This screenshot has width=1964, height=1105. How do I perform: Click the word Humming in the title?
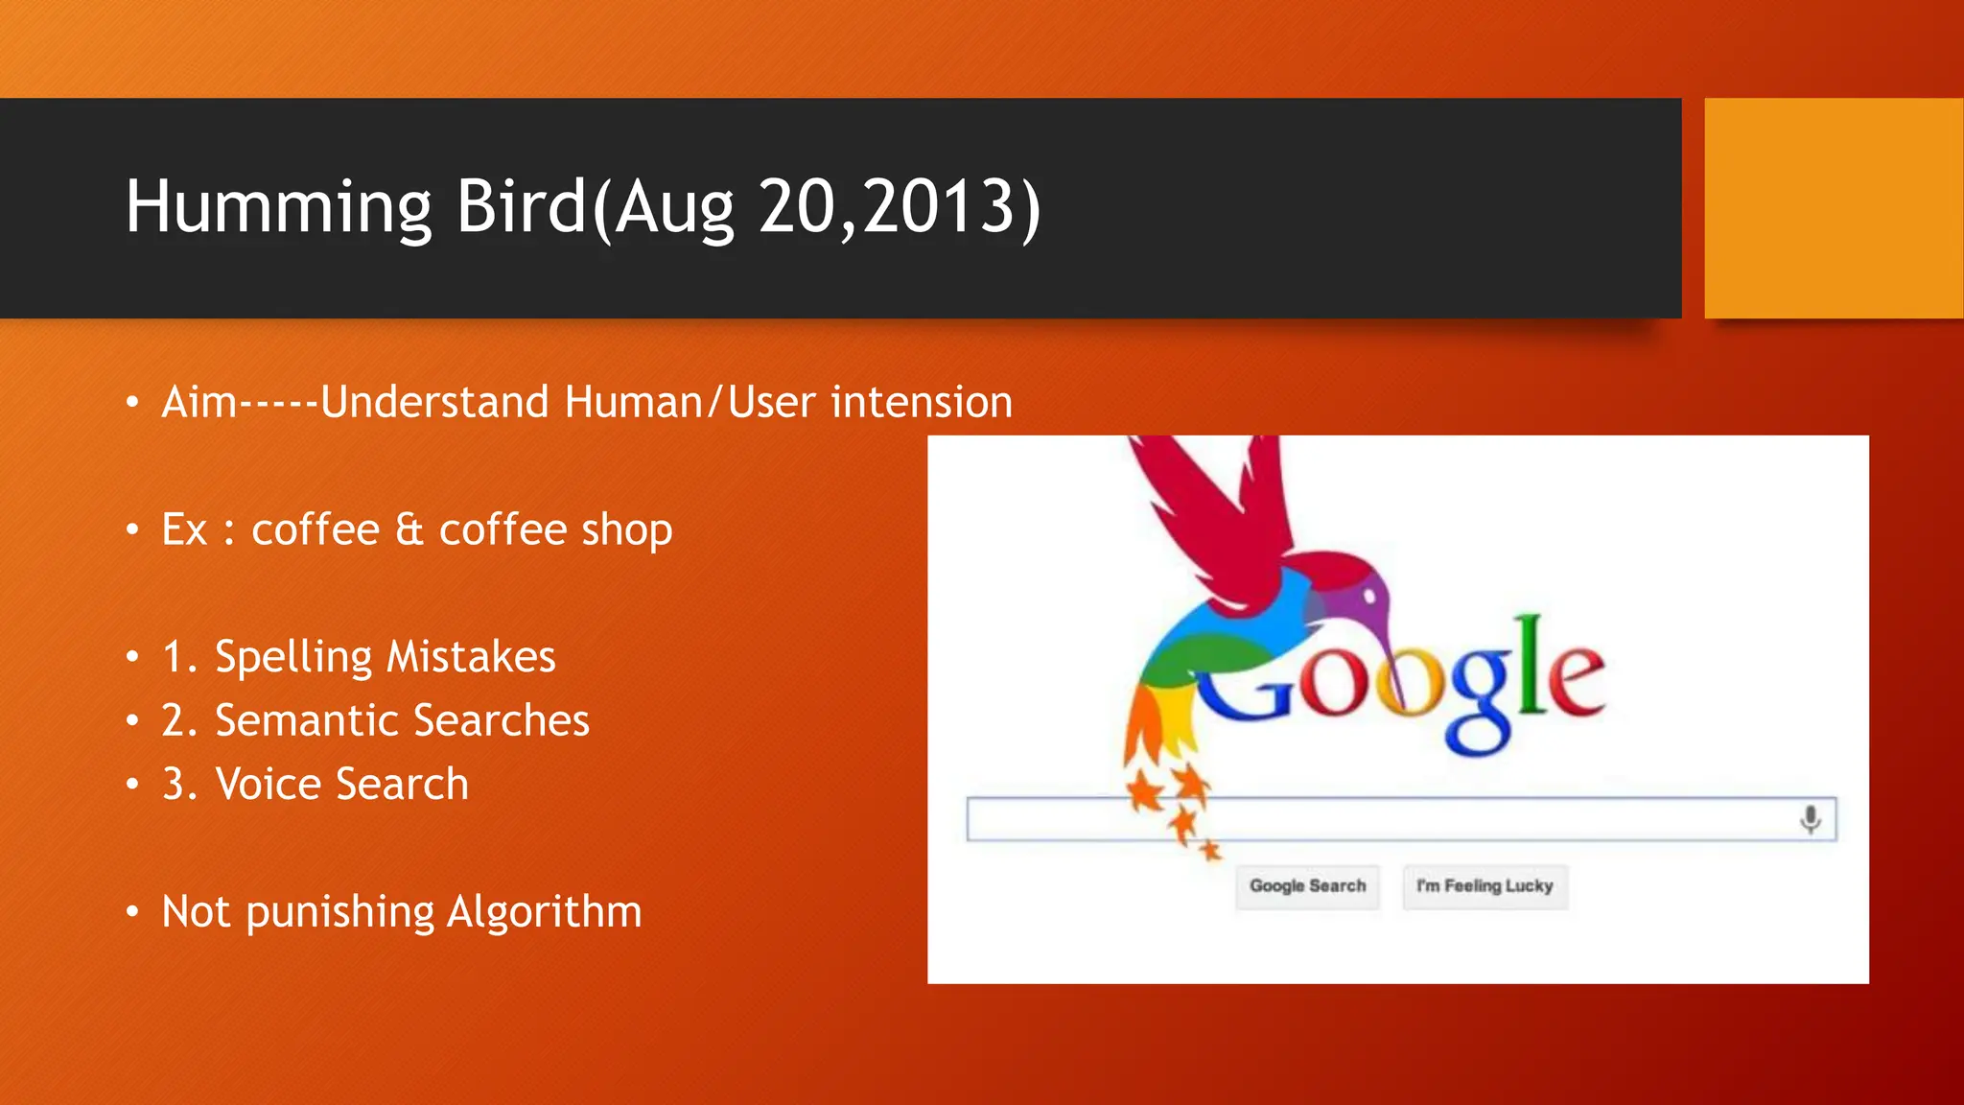click(x=278, y=207)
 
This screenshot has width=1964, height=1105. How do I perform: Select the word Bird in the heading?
click(x=520, y=207)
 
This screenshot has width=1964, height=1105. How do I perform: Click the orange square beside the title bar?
click(x=1833, y=208)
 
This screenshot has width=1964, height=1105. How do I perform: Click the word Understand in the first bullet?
click(x=434, y=402)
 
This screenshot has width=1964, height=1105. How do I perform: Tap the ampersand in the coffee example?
click(x=409, y=529)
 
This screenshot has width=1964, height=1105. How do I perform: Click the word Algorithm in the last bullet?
click(x=544, y=912)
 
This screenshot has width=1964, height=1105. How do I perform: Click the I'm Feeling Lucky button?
click(x=1485, y=885)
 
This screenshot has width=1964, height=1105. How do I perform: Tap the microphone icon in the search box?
click(x=1810, y=819)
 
